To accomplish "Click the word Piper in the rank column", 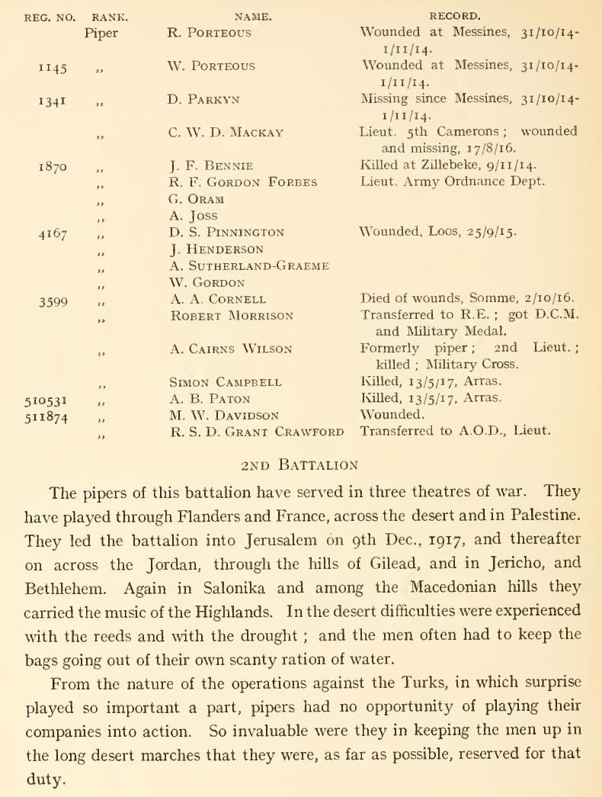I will [103, 33].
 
